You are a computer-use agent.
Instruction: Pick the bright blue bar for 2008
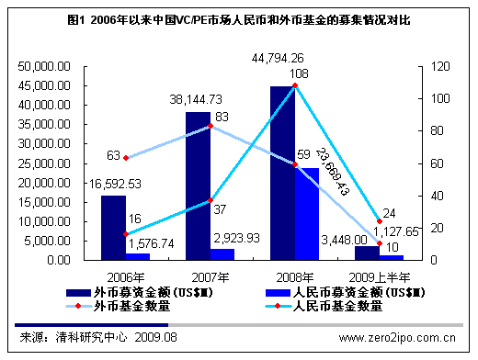307,214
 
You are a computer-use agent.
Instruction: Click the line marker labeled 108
295,85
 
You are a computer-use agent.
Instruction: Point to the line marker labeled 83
211,126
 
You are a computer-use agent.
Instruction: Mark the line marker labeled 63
126,158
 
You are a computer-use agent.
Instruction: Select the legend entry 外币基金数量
119,305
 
